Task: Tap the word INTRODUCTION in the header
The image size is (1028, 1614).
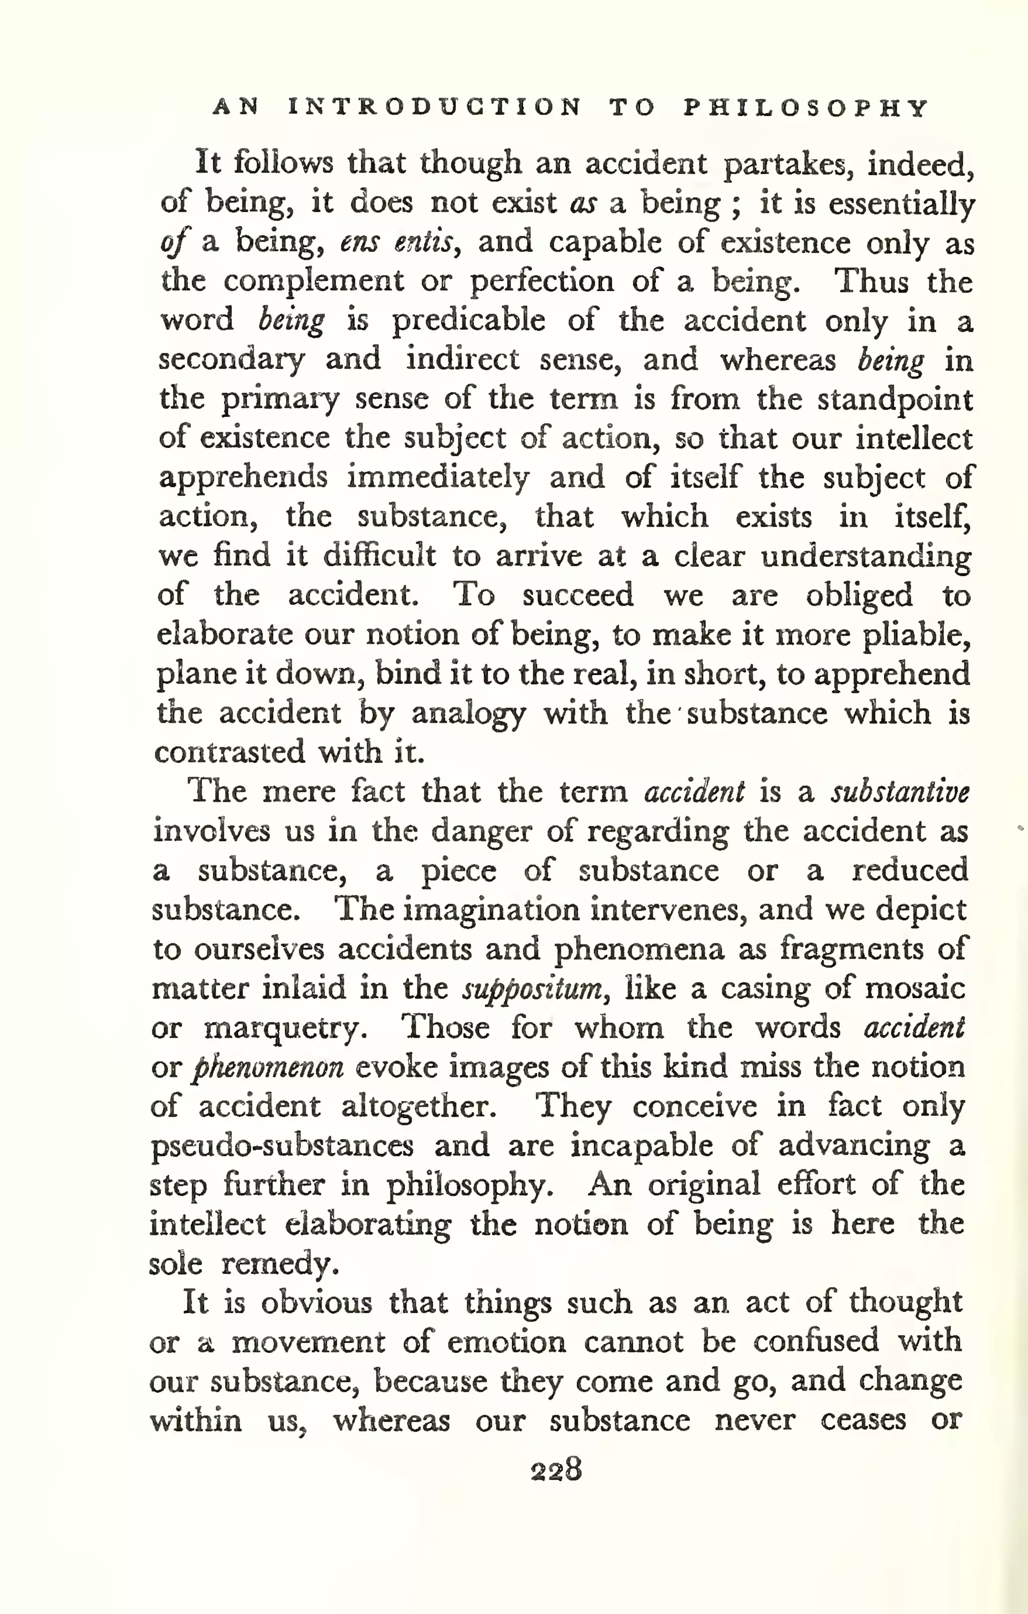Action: point(435,108)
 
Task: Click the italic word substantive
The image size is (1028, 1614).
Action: point(899,792)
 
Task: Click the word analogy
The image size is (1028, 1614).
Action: point(468,714)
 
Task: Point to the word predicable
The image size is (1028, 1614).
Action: point(468,320)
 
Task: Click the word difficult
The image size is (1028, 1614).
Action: point(379,556)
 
